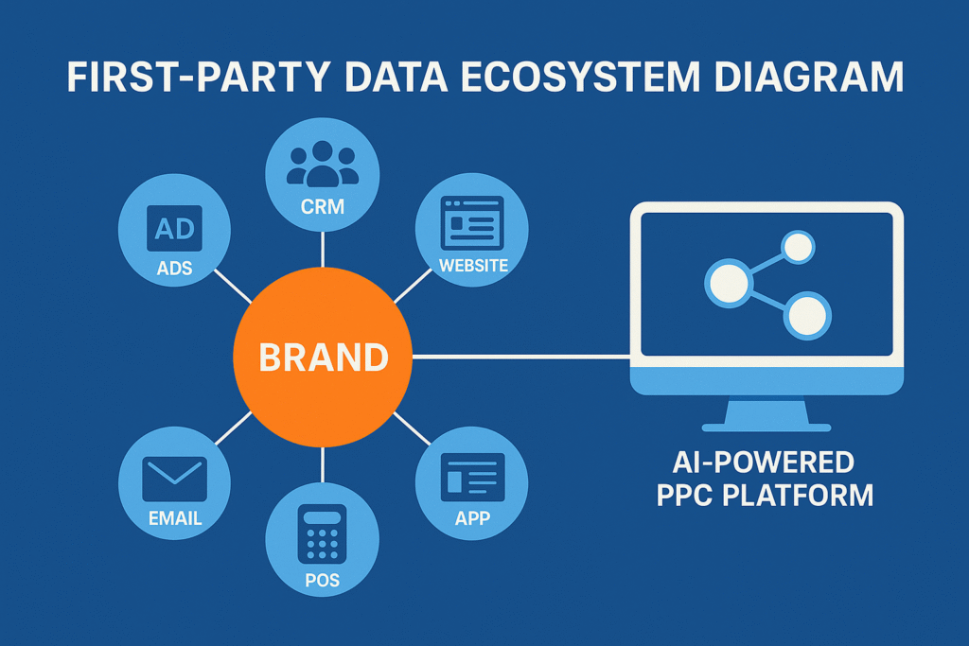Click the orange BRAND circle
pos(323,358)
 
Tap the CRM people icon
pos(323,164)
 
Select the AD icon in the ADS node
pos(174,229)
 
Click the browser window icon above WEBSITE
pos(472,222)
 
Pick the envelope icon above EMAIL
pos(174,477)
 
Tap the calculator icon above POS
pos(323,537)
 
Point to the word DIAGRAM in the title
pos(804,78)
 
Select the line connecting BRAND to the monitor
pos(520,357)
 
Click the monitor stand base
pos(766,426)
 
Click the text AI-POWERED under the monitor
pos(765,463)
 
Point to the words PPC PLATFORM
pos(765,495)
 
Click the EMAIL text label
pos(175,518)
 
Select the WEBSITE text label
pos(473,266)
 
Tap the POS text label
pos(323,580)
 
